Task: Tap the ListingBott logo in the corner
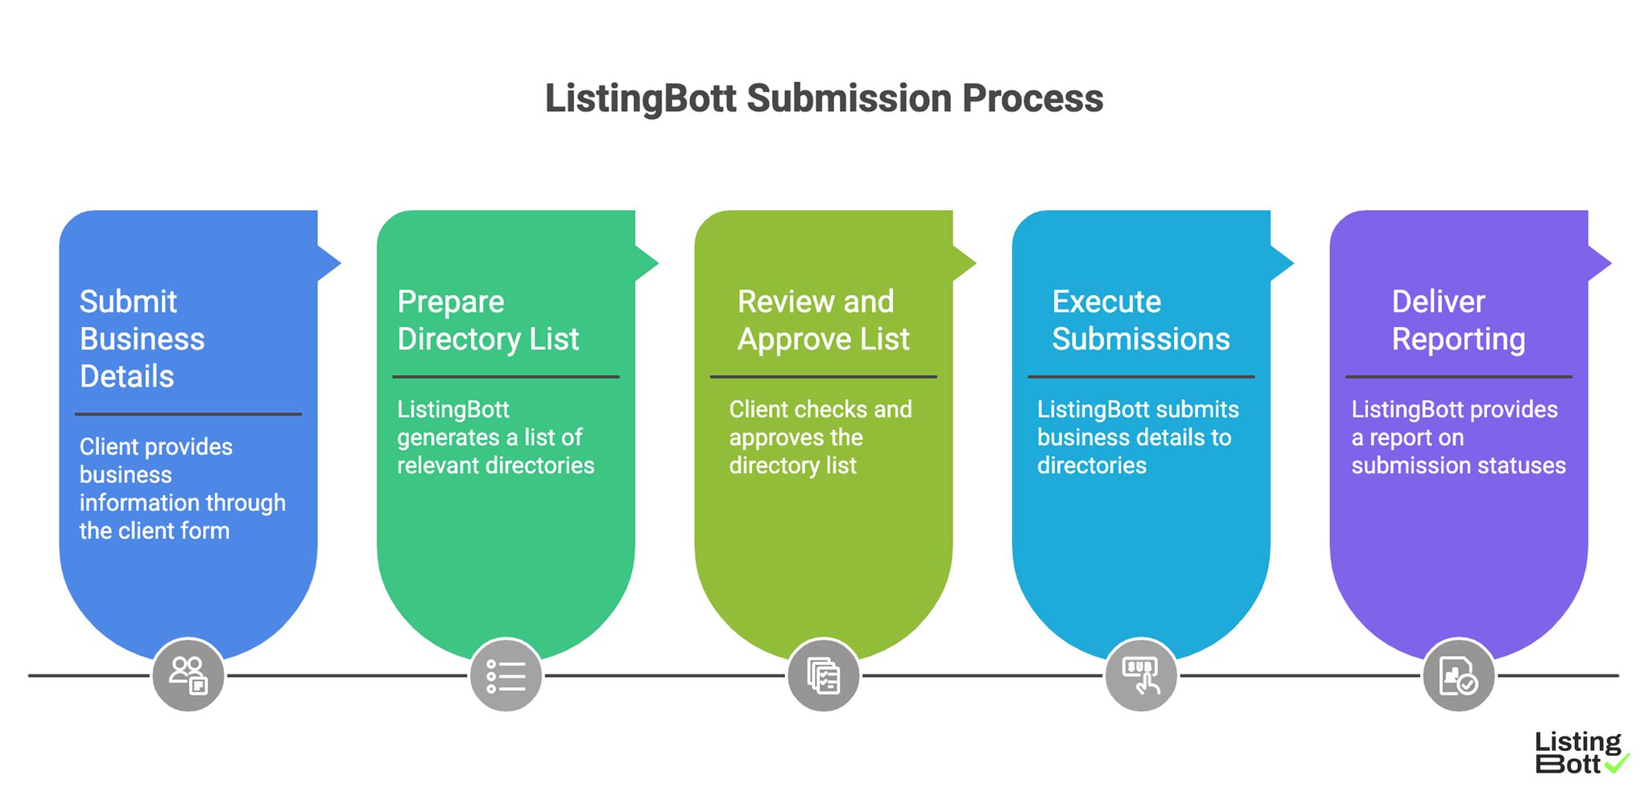(1580, 753)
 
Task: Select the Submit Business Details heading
(143, 339)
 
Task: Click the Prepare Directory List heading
(487, 320)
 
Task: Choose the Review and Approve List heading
(823, 320)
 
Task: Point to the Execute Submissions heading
(1140, 320)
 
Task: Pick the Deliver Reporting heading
(1457, 320)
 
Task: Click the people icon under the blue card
(188, 675)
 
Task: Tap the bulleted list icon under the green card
(506, 675)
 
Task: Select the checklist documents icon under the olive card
(824, 675)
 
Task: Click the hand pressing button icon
(1141, 675)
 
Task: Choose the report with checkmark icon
(1458, 675)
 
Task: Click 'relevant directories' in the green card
(495, 465)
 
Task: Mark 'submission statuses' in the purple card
(1458, 465)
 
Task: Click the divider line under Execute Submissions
(1140, 377)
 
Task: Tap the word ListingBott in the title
(640, 99)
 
